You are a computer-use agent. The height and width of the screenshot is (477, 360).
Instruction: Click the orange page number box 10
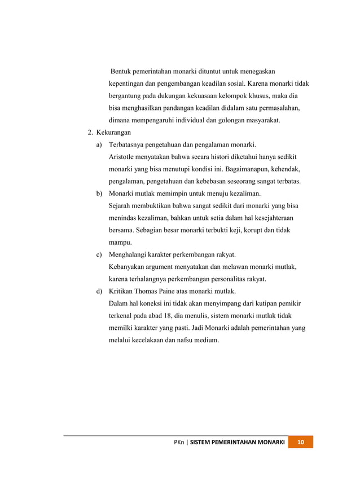pyautogui.click(x=301, y=441)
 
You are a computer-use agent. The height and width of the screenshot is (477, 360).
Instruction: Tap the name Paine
pyautogui.click(x=176, y=291)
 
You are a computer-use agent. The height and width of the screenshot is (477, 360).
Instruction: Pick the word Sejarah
pyautogui.click(x=121, y=206)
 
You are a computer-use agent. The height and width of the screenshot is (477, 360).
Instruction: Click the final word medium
pyautogui.click(x=205, y=341)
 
